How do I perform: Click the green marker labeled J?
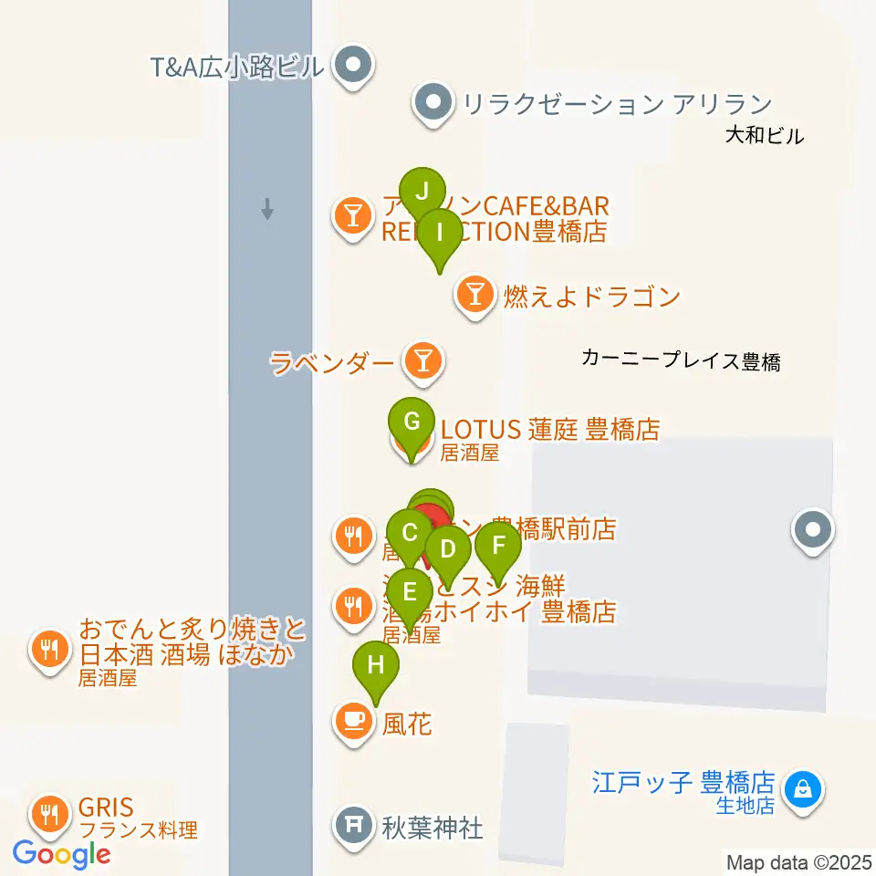[x=422, y=193]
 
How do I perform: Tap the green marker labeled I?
[x=440, y=233]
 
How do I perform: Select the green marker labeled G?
[x=412, y=422]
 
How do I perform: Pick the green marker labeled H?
[x=376, y=665]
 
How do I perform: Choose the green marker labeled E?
[x=411, y=590]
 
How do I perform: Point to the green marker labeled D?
[x=448, y=550]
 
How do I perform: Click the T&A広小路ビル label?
[x=238, y=67]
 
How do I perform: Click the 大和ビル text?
[x=765, y=137]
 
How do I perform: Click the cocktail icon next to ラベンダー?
[x=422, y=362]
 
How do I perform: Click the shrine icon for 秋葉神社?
[x=353, y=826]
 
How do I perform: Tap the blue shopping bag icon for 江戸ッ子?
[x=803, y=786]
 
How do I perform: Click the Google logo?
[x=62, y=855]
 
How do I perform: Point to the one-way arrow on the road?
[x=267, y=210]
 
